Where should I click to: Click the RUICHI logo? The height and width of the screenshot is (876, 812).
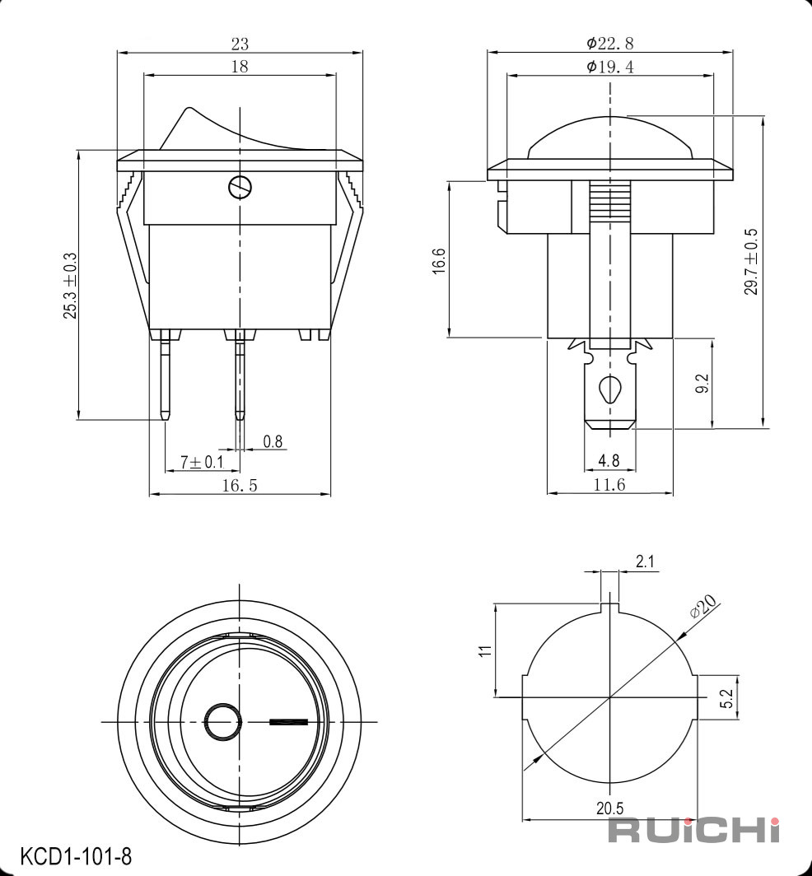tap(693, 830)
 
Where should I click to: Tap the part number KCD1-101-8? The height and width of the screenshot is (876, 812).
tap(76, 855)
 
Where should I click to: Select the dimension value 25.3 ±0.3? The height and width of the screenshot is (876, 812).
tap(70, 286)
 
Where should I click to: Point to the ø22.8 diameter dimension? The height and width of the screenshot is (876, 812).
tap(609, 43)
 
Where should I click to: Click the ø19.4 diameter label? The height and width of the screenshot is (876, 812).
tap(609, 67)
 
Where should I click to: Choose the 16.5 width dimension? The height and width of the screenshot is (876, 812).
tap(240, 486)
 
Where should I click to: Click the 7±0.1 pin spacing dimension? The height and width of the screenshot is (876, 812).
tap(202, 462)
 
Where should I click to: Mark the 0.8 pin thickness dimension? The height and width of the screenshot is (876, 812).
tap(273, 442)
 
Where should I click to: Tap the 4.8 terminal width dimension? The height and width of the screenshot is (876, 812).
tap(609, 460)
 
